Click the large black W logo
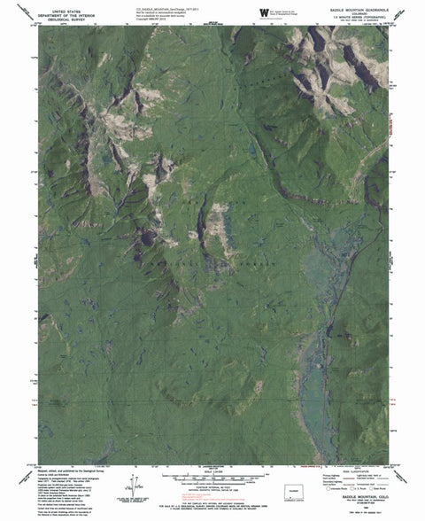tap(263, 11)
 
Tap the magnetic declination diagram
tap(133, 486)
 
